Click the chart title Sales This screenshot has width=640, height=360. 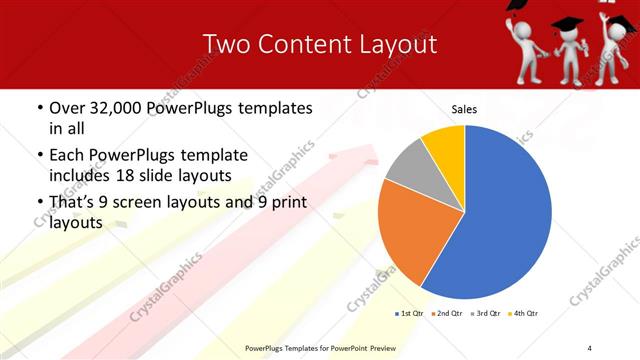[x=464, y=108]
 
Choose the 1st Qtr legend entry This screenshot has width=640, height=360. [x=411, y=314]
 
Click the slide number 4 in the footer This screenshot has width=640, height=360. [x=590, y=348]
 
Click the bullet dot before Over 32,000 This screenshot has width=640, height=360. [x=39, y=107]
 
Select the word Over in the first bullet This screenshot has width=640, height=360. [x=68, y=106]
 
